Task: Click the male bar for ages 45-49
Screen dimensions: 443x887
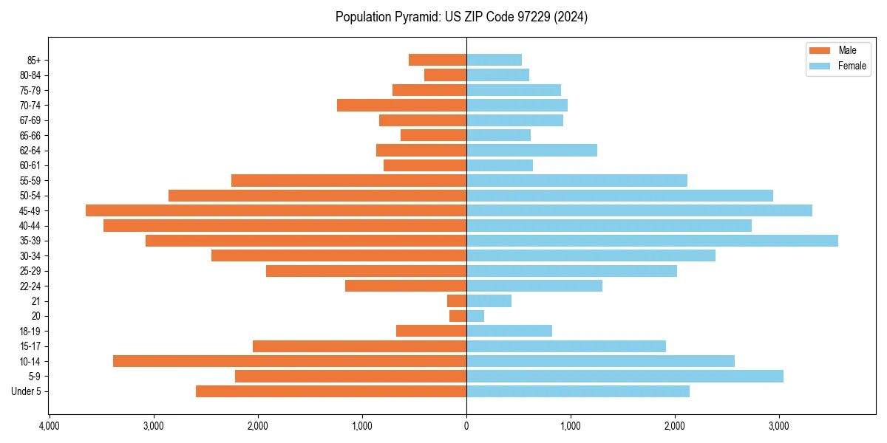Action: [x=276, y=210]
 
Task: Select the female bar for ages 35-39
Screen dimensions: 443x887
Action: [x=652, y=241]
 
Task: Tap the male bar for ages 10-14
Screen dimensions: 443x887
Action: [x=290, y=361]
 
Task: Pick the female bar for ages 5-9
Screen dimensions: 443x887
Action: [x=625, y=377]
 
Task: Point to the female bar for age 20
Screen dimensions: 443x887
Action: [x=475, y=316]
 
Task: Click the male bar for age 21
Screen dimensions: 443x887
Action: [x=457, y=301]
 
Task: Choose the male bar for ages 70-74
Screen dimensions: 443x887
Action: [x=401, y=106]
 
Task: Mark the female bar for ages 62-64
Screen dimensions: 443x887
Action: [x=531, y=151]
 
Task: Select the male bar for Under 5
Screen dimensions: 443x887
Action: [x=331, y=391]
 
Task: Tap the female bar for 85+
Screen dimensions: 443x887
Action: [x=494, y=60]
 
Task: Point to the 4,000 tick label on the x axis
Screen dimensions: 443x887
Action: [x=50, y=427]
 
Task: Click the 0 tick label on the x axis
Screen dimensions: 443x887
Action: [x=466, y=427]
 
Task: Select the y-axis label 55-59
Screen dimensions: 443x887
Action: [x=31, y=181]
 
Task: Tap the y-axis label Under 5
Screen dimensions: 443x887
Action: [x=27, y=391]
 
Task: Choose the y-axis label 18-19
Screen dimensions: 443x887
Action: [x=31, y=332]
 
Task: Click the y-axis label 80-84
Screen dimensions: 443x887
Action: [x=31, y=75]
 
